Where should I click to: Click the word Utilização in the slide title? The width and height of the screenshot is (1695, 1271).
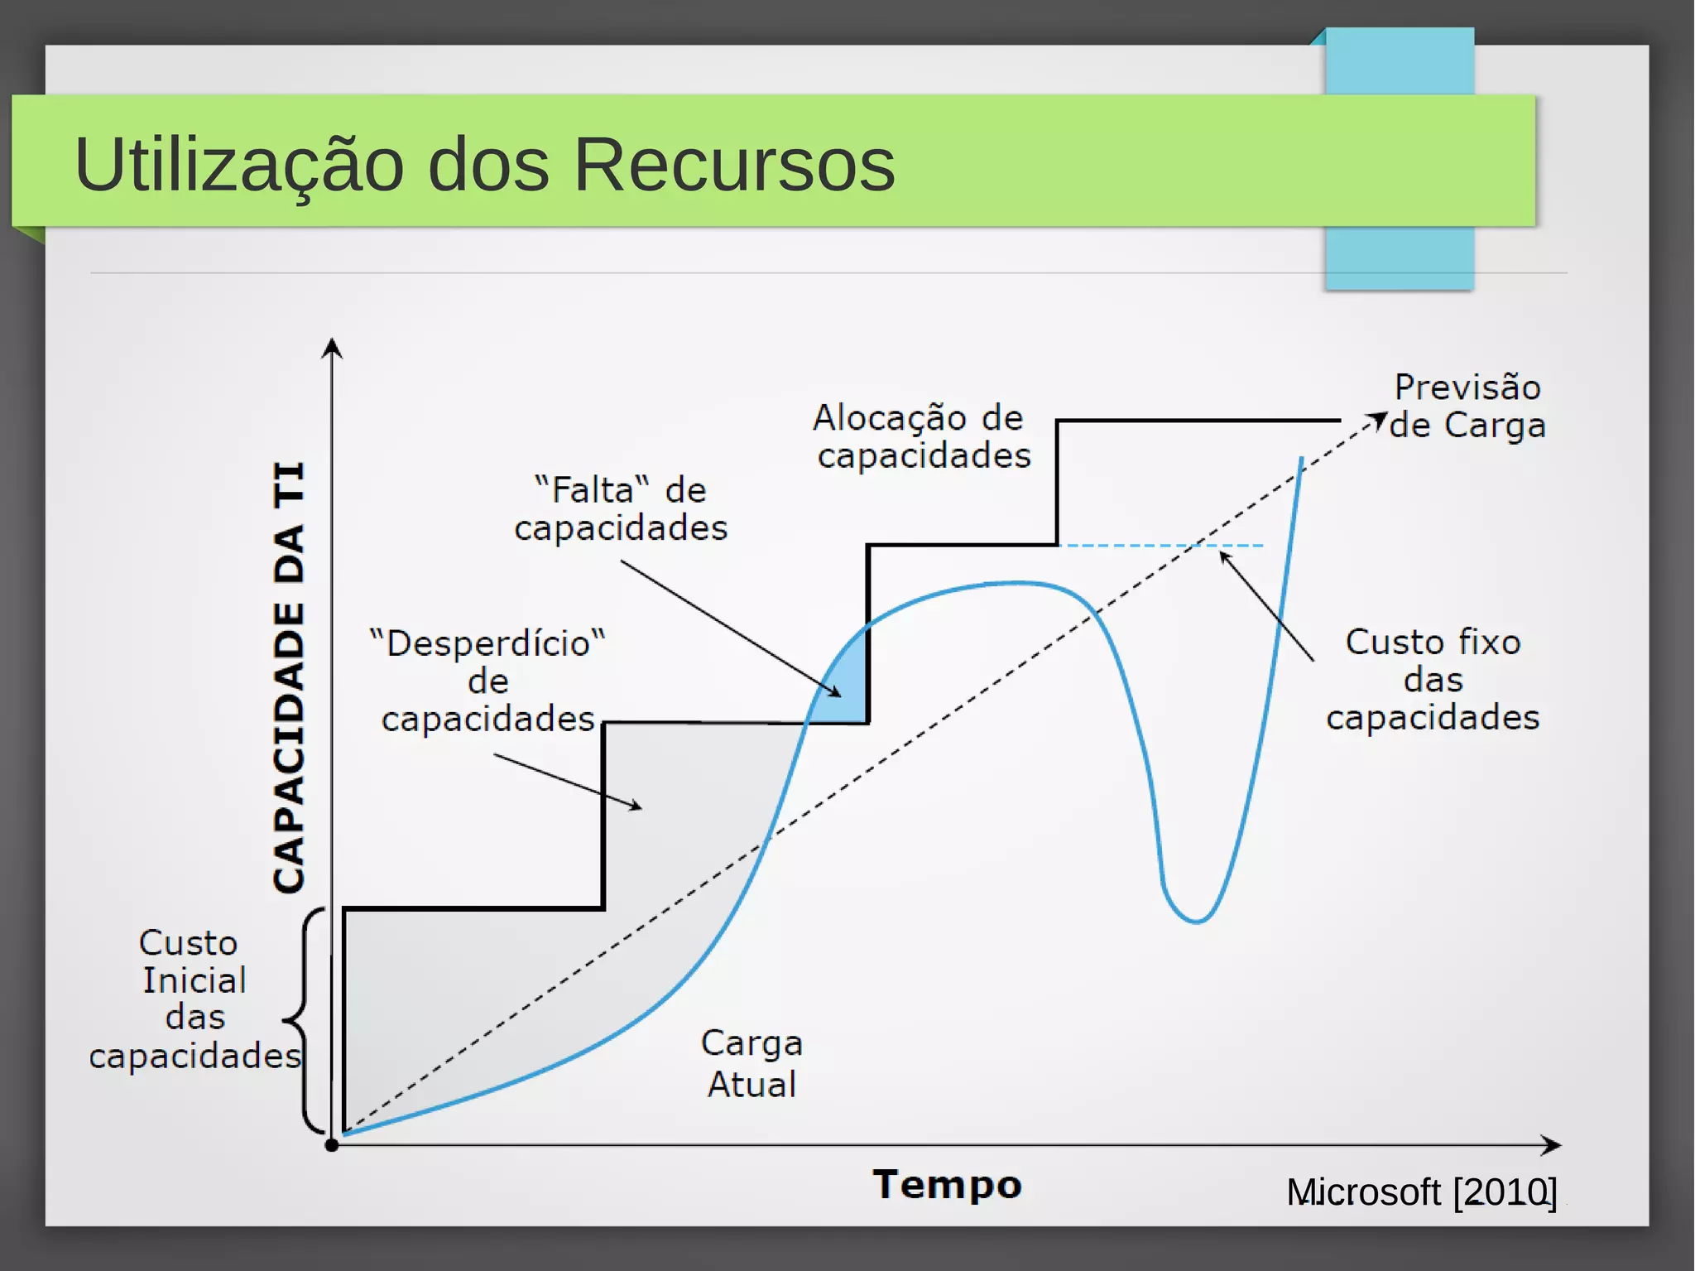pyautogui.click(x=238, y=166)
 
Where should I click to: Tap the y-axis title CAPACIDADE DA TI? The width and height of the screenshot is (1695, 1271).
pyautogui.click(x=289, y=677)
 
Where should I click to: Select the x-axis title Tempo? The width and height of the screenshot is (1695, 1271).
pyautogui.click(x=947, y=1184)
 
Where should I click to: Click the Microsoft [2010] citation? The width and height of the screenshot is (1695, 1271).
pyautogui.click(x=1421, y=1192)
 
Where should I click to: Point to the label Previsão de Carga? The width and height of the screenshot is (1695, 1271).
pyautogui.click(x=1467, y=407)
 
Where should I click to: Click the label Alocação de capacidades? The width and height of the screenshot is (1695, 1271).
pyautogui.click(x=921, y=436)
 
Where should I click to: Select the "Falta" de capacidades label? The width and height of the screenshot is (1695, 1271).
pyautogui.click(x=621, y=509)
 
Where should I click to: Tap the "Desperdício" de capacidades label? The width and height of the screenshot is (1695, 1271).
pyautogui.click(x=488, y=681)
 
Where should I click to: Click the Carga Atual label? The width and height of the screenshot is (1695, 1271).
pyautogui.click(x=751, y=1064)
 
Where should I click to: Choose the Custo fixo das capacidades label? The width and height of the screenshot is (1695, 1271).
pyautogui.click(x=1433, y=680)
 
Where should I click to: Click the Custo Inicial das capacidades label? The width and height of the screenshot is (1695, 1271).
pyautogui.click(x=194, y=999)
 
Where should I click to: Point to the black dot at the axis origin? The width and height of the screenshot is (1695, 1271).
pyautogui.click(x=332, y=1146)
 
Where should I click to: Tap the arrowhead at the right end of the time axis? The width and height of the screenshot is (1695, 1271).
pyautogui.click(x=1553, y=1146)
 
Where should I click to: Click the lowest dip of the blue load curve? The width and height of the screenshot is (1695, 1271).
pyautogui.click(x=1195, y=921)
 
